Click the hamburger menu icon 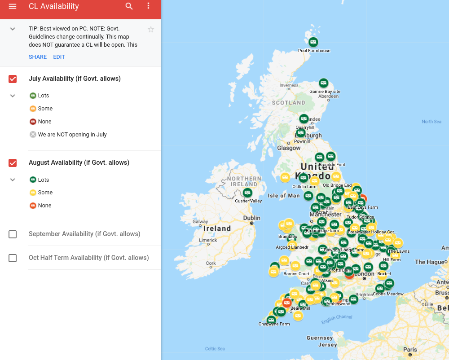coord(13,6)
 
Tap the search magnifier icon coord(129,6)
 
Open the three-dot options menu coord(149,6)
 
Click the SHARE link coord(38,57)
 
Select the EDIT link coord(59,57)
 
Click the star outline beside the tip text coord(151,30)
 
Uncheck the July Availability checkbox coord(13,79)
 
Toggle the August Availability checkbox coord(13,163)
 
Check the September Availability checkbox coord(13,234)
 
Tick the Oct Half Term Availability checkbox coord(13,258)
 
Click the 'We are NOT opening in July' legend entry coord(72,135)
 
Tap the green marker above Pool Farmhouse coord(313,42)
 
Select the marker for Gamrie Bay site coord(323,83)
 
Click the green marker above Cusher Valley coord(247,193)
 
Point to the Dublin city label coord(251,218)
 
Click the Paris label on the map coord(409,350)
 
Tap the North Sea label coord(431,122)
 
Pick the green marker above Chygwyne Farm coord(271,320)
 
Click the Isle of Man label coord(283,196)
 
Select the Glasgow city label coord(289,148)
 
